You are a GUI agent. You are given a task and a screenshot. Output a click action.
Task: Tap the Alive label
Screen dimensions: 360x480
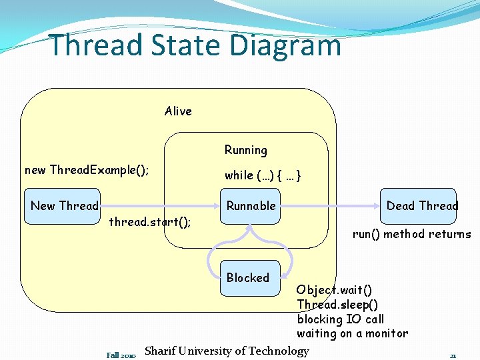[x=178, y=111]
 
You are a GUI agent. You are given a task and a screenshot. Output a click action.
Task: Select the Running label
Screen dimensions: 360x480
[x=245, y=151]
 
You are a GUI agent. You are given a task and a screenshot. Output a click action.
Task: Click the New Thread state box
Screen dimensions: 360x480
[x=64, y=206]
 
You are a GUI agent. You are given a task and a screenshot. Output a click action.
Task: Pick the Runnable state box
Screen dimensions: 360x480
[x=251, y=206]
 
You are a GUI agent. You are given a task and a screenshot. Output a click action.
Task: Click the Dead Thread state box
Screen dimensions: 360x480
[x=422, y=206]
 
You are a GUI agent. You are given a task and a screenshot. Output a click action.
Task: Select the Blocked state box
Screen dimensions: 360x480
[x=248, y=278]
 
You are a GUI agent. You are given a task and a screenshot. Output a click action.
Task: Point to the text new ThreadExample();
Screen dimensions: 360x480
[x=87, y=170]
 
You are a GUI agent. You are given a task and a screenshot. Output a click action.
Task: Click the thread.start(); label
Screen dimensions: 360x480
[x=150, y=222]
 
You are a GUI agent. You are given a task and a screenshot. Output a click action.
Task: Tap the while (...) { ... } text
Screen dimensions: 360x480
[x=263, y=175]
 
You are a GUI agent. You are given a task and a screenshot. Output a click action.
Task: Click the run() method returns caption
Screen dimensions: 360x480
[x=411, y=234]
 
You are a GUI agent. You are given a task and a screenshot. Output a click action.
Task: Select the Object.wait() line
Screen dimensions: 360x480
[x=335, y=290]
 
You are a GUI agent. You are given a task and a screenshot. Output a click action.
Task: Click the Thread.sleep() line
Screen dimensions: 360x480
[x=337, y=305]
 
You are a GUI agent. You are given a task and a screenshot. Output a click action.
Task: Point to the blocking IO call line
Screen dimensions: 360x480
[x=341, y=319]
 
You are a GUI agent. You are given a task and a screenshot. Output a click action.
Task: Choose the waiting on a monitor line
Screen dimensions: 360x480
[x=352, y=334]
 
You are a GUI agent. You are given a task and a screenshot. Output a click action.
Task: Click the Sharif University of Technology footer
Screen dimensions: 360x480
[x=227, y=351]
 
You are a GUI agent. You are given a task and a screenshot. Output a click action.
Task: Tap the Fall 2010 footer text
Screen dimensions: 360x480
[x=121, y=355]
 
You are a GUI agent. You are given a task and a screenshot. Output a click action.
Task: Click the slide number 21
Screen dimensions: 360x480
[x=453, y=355]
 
